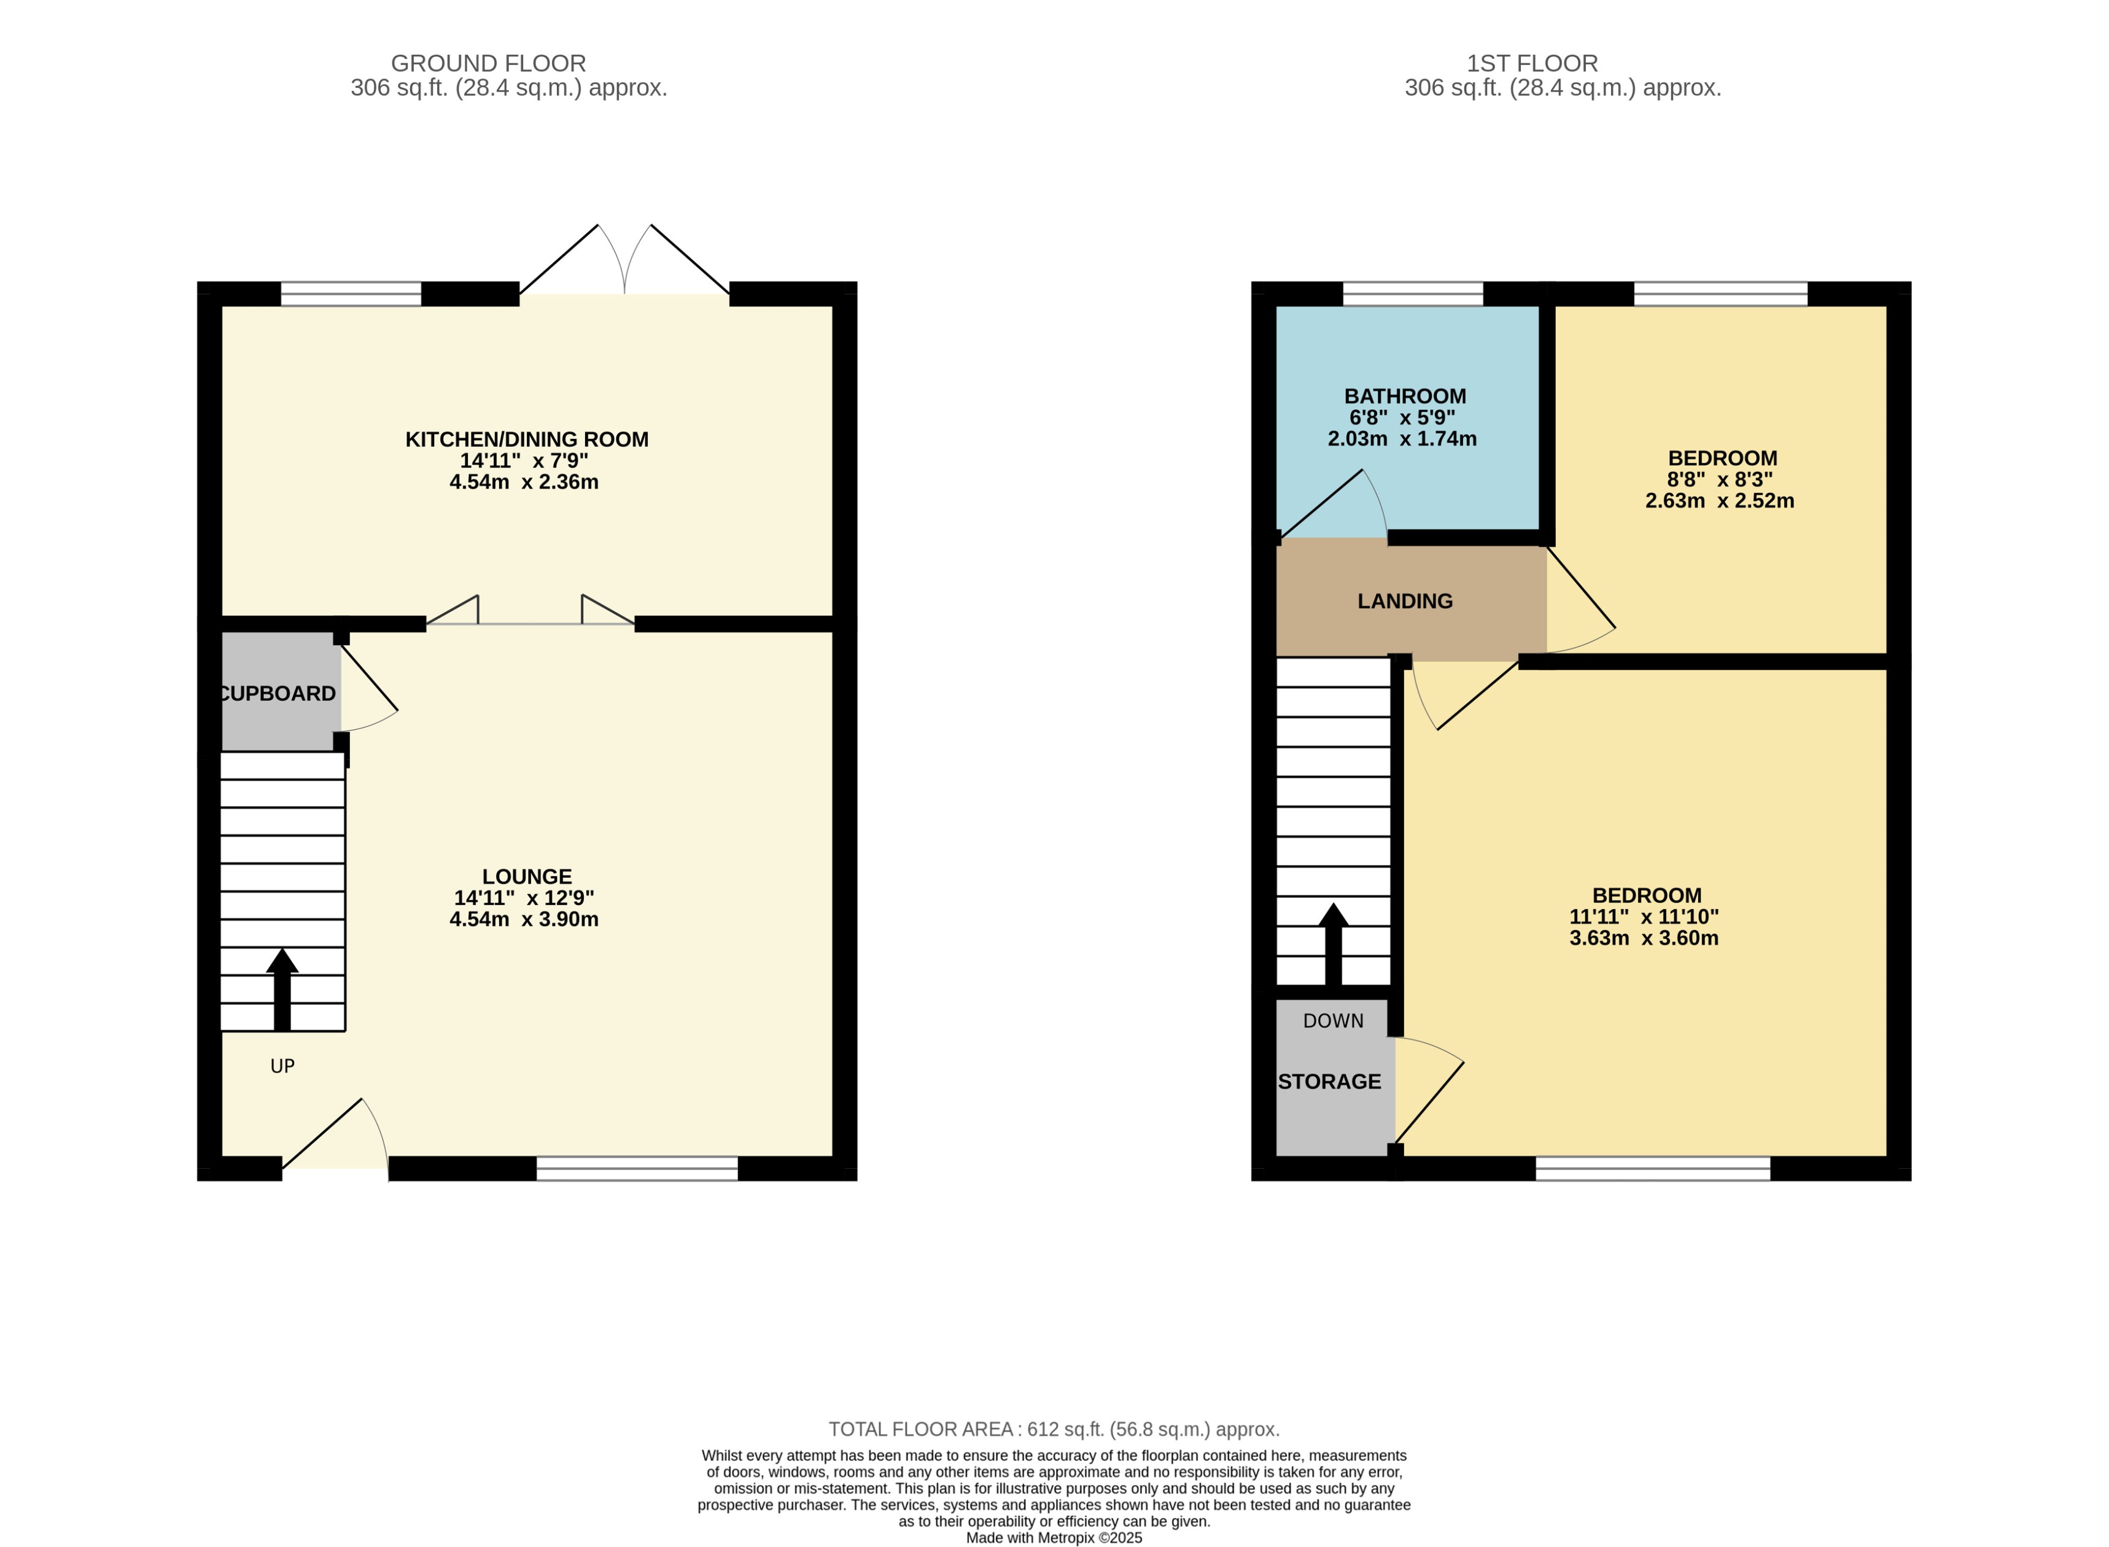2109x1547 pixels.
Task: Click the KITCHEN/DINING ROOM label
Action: [x=526, y=439]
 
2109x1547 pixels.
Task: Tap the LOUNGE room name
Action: [x=526, y=877]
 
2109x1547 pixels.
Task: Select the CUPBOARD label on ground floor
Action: [x=277, y=694]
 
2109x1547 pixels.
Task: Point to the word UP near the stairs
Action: [x=282, y=1066]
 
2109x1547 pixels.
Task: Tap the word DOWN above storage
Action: [x=1333, y=1021]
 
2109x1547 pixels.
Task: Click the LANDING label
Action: [x=1405, y=601]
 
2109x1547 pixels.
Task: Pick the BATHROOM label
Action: [x=1405, y=396]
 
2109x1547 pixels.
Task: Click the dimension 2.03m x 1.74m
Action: [x=1402, y=438]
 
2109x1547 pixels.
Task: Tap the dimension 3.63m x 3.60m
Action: [x=1644, y=937]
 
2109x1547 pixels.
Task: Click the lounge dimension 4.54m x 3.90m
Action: [x=524, y=918]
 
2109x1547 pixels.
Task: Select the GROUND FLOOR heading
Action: [x=488, y=64]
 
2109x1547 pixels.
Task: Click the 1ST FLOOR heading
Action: [x=1531, y=64]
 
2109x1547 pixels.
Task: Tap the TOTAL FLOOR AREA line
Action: [x=1054, y=1429]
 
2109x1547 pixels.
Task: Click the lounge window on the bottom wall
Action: [x=637, y=1168]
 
